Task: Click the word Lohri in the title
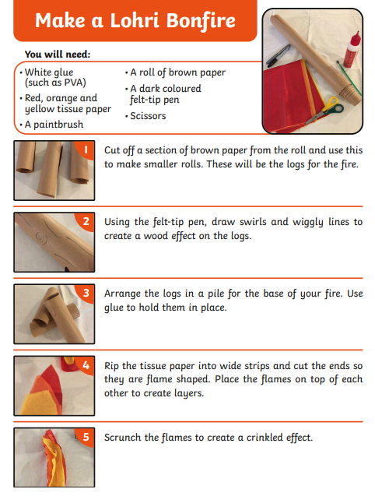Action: (x=135, y=20)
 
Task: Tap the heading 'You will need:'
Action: (x=58, y=55)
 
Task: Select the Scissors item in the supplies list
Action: (x=148, y=116)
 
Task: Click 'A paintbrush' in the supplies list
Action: (x=54, y=125)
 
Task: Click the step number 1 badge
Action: (x=85, y=150)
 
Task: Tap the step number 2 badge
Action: (x=86, y=221)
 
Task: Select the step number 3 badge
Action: (x=86, y=293)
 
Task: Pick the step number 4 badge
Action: (x=86, y=365)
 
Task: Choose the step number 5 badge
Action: (x=86, y=437)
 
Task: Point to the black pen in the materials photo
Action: (x=279, y=55)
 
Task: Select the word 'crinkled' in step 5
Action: (x=265, y=438)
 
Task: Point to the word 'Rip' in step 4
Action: (x=111, y=366)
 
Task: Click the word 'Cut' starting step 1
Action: (x=111, y=150)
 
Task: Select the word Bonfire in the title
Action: (x=201, y=21)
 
